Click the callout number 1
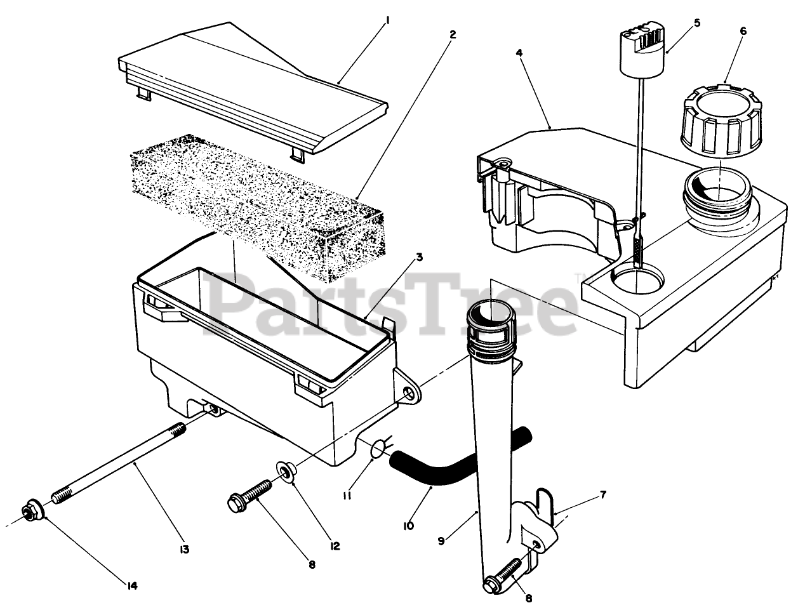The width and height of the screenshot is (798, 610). pos(387,21)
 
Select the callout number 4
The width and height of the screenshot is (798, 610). pos(519,54)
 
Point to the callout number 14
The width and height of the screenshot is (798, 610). pos(132,585)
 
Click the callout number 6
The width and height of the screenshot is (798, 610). pos(743,31)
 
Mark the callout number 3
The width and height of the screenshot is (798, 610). pos(420,258)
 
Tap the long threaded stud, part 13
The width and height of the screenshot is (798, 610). pos(121,463)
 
